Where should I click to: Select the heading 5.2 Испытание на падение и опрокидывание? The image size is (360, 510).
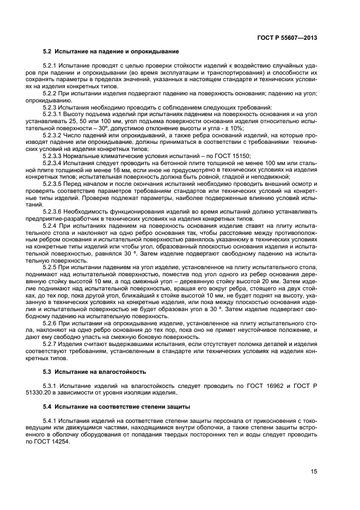pos(111,51)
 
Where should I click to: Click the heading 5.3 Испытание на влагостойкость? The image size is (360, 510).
pos(94,372)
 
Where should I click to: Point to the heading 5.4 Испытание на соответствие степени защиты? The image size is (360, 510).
pos(117,407)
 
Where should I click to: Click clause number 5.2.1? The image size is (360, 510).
pos(51,65)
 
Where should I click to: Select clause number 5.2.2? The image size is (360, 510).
pos(51,94)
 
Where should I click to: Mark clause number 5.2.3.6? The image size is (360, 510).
pos(53,211)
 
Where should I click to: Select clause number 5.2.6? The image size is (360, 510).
pos(51,323)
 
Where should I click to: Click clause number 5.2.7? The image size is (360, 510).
pos(51,344)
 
